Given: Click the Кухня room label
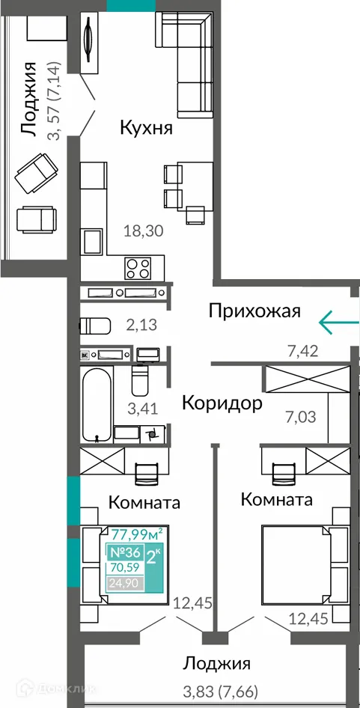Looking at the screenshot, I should tap(147, 128).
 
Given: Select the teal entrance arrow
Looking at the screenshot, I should tap(339, 322).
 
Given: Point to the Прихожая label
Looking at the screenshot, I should tap(254, 311).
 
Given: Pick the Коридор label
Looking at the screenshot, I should tap(222, 404).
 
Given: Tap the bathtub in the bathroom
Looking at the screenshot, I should tap(95, 405).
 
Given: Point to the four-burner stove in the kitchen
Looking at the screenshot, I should tap(138, 266).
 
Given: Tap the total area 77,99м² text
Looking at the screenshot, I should tap(138, 534).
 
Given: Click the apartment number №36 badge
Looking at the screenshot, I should tap(126, 553).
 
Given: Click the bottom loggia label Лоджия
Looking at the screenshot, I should tap(217, 663).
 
